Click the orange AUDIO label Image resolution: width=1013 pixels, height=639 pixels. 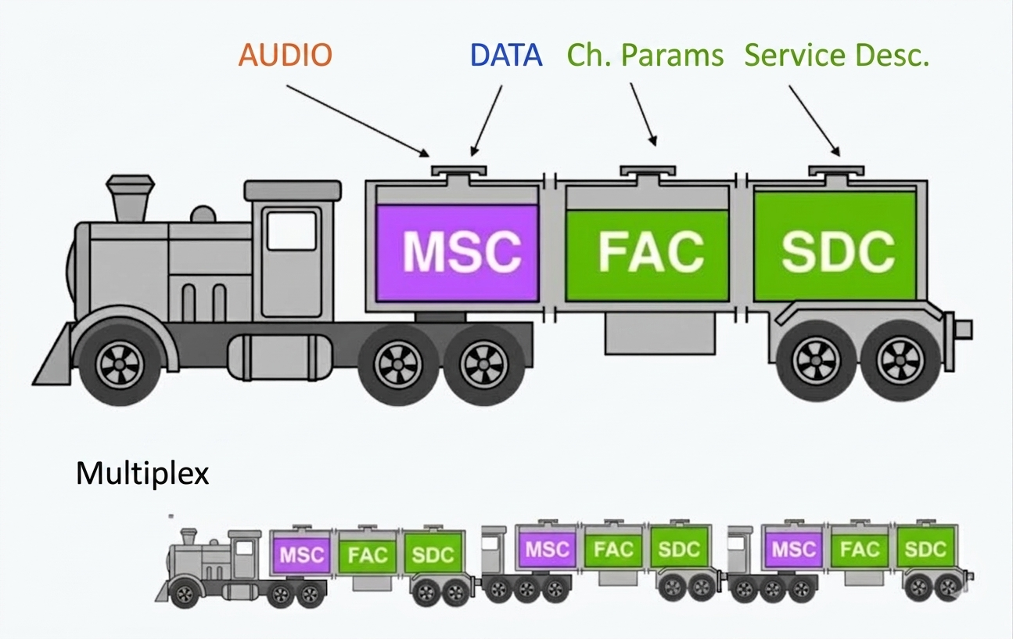[x=286, y=55]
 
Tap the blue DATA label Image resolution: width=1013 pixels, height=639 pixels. [x=506, y=55]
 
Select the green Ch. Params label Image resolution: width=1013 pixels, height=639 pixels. [x=645, y=56]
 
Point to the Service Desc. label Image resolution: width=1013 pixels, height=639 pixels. [x=837, y=56]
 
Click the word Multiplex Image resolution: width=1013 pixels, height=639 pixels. [x=142, y=473]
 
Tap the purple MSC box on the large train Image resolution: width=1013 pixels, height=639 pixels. [x=457, y=253]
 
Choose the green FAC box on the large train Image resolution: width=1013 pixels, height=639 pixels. [x=647, y=255]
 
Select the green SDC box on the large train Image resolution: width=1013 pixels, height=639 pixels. [x=835, y=246]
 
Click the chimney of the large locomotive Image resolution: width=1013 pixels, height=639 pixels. [x=130, y=199]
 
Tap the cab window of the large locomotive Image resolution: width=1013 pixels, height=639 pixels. [x=291, y=231]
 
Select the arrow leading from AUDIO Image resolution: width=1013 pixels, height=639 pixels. [x=357, y=121]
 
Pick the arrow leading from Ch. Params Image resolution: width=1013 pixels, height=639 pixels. [x=644, y=114]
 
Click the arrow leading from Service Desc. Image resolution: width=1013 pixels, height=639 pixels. [x=815, y=121]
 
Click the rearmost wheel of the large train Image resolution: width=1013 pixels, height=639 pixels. [x=900, y=360]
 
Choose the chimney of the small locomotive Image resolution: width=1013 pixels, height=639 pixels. [x=189, y=536]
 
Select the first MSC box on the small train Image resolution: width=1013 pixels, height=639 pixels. [x=301, y=554]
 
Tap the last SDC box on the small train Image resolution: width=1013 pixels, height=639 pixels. [x=925, y=549]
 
